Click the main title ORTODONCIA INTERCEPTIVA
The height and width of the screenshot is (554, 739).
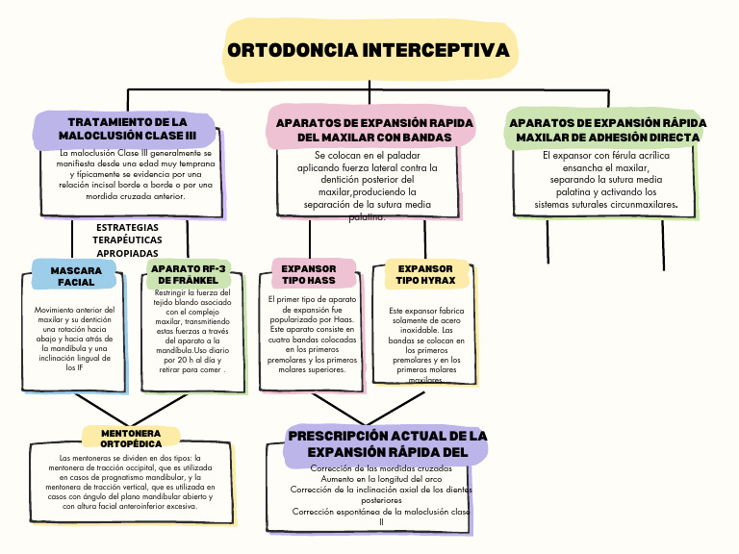point(369,50)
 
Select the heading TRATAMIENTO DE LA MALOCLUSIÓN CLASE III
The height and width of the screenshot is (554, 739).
point(127,129)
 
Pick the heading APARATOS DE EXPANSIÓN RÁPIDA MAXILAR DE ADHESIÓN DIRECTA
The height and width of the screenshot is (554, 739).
point(607,130)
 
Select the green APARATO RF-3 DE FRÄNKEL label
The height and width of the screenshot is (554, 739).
point(189,274)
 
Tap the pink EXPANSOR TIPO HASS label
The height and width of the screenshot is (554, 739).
point(309,274)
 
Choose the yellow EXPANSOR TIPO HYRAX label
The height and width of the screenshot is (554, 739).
point(425,274)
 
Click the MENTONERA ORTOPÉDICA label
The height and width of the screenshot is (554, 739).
point(131,440)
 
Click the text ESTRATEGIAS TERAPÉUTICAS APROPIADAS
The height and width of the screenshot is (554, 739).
point(128,239)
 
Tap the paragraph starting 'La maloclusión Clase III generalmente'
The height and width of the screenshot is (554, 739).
point(136,174)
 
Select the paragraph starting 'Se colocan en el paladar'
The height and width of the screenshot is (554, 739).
point(367,186)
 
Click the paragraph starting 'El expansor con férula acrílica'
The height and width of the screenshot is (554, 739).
point(606,180)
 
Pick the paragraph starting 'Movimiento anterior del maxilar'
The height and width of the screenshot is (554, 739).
point(74,339)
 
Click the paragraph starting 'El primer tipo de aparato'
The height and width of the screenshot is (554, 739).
point(312,334)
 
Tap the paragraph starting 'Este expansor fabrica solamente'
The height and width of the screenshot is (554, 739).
point(426,344)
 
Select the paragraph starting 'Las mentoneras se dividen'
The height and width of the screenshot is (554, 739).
point(130,482)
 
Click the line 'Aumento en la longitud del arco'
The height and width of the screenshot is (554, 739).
point(382,478)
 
